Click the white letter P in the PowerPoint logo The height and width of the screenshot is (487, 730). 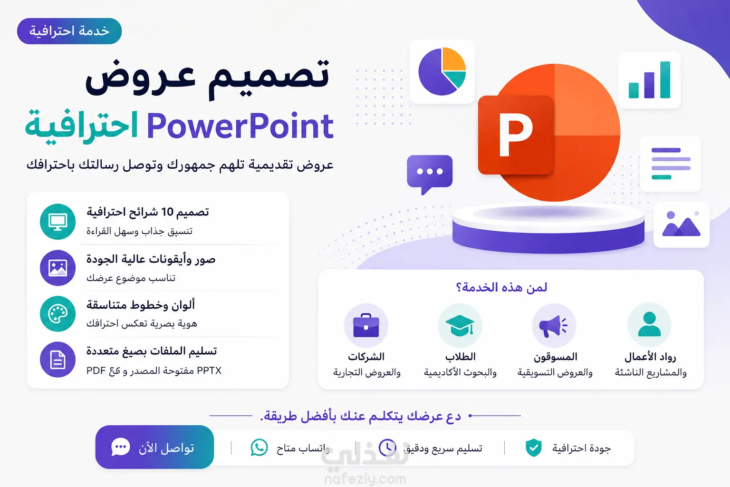coord(516,135)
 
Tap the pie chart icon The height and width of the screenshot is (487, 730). coord(442,71)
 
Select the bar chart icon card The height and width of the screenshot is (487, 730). coord(649,79)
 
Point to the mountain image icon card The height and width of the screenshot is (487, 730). coord(682,224)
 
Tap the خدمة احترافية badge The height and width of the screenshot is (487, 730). coord(69,31)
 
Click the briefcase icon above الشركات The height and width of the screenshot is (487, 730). coord(366,325)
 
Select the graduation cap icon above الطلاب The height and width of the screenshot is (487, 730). coord(460,325)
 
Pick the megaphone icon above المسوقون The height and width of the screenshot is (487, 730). coord(553,325)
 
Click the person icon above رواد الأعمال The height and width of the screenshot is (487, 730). coord(649,324)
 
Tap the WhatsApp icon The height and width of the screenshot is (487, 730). coord(259,447)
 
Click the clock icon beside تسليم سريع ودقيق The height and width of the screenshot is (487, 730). coord(387,447)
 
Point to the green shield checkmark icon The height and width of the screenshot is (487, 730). coord(534,448)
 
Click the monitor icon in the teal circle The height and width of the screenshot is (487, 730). coord(58,222)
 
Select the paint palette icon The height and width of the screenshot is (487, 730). coord(58,314)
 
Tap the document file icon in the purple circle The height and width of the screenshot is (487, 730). coord(58,360)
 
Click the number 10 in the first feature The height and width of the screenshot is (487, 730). coord(167,212)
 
